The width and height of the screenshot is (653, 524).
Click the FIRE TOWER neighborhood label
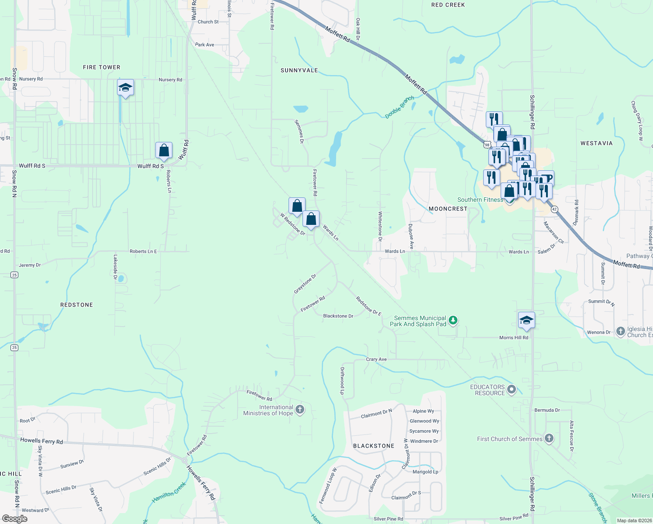pyautogui.click(x=101, y=67)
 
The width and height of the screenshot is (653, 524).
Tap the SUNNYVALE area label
pyautogui.click(x=299, y=70)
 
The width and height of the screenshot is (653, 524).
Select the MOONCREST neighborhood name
pyautogui.click(x=448, y=209)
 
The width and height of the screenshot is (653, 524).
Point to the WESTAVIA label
pyautogui.click(x=596, y=143)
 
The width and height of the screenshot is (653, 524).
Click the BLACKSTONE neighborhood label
pyautogui.click(x=374, y=446)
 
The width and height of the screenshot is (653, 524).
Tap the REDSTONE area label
pyautogui.click(x=76, y=305)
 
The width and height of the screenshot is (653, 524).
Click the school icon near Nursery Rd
pyautogui.click(x=125, y=88)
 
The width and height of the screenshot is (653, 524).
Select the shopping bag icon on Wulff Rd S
pyautogui.click(x=164, y=150)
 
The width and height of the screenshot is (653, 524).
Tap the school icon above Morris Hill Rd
pyautogui.click(x=526, y=320)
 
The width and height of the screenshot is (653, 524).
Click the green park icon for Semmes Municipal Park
pyautogui.click(x=453, y=321)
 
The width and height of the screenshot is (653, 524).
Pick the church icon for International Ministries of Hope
pyautogui.click(x=299, y=410)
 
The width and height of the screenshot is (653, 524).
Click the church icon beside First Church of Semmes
pyautogui.click(x=549, y=438)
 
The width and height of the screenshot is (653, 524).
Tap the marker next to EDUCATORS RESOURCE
pyautogui.click(x=512, y=389)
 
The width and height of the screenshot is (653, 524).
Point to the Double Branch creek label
pyautogui.click(x=399, y=107)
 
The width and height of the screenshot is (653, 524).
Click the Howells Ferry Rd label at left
pyautogui.click(x=41, y=441)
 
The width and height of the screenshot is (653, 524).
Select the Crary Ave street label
pyautogui.click(x=376, y=359)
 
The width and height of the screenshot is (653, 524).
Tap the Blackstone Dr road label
pyautogui.click(x=338, y=316)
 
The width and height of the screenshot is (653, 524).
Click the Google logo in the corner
pyautogui.click(x=15, y=519)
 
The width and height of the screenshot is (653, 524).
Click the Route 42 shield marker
pyautogui.click(x=554, y=209)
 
